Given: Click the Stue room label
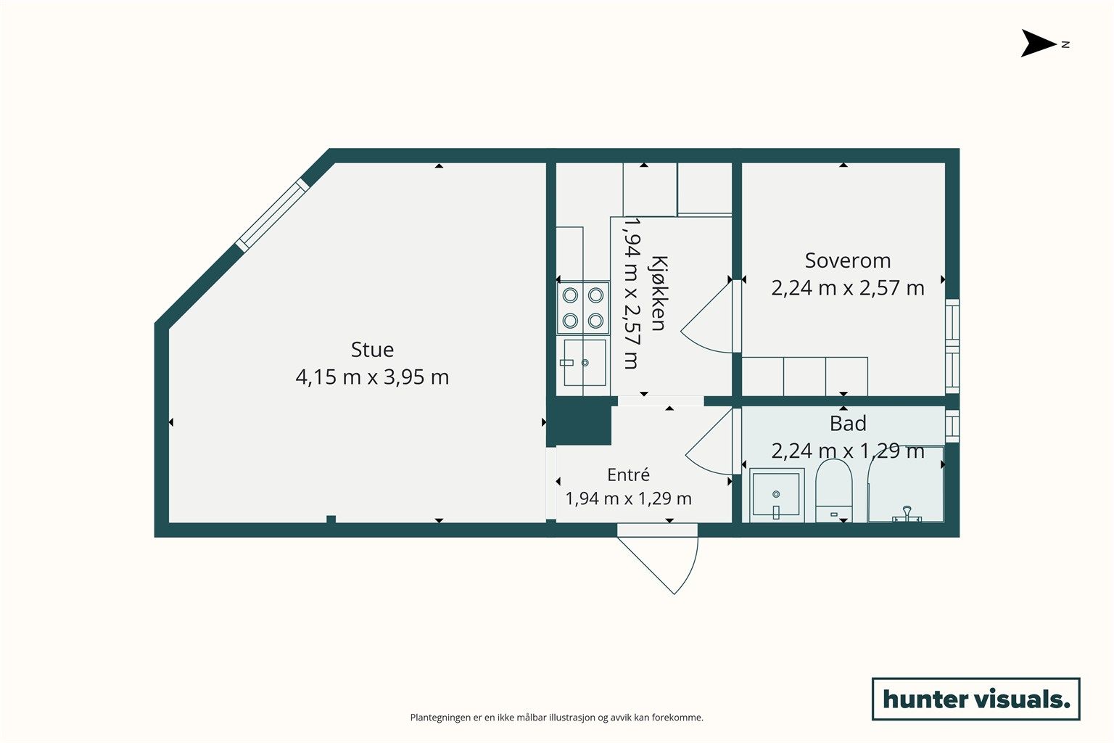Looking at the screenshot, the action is [372, 349].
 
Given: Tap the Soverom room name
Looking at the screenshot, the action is [847, 260].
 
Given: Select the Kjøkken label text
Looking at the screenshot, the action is [658, 294].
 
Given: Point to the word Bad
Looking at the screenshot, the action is [848, 424].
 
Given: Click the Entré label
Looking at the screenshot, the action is [628, 475].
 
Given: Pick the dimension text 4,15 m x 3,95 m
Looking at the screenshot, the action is [372, 377].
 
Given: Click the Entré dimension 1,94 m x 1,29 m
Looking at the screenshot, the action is [628, 498].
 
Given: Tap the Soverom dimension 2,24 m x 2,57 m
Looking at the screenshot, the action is [847, 288].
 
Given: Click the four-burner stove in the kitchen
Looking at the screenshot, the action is [583, 308].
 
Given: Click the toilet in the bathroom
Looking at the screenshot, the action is [834, 490].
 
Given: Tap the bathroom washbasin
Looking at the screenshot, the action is [776, 495].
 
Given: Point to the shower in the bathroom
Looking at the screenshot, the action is [906, 484].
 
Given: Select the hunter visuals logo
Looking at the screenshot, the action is [975, 699].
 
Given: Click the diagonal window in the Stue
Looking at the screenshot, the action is [272, 215].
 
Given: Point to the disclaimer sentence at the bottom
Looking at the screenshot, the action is [556, 718].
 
